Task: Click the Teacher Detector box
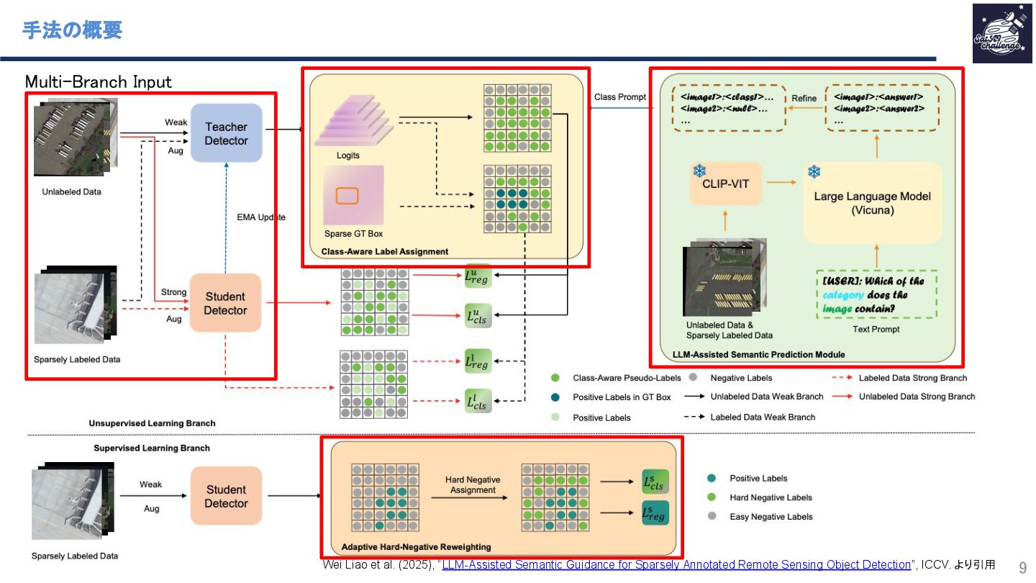click(x=226, y=133)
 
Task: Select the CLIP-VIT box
click(x=724, y=184)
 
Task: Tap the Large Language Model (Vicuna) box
click(x=872, y=203)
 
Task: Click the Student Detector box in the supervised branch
click(x=226, y=496)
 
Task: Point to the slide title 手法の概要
click(x=72, y=30)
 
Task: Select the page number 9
click(x=1022, y=566)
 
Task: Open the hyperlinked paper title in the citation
click(x=676, y=565)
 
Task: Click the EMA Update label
click(x=261, y=217)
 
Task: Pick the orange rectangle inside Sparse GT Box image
click(x=347, y=195)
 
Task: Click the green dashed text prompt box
click(x=876, y=294)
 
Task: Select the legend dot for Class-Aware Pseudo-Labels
click(x=555, y=378)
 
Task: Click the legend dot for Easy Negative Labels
click(x=712, y=517)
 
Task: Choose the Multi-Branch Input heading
click(x=99, y=82)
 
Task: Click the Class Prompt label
click(x=619, y=97)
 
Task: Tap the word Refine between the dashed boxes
click(x=804, y=99)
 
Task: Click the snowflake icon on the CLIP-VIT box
click(x=699, y=171)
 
